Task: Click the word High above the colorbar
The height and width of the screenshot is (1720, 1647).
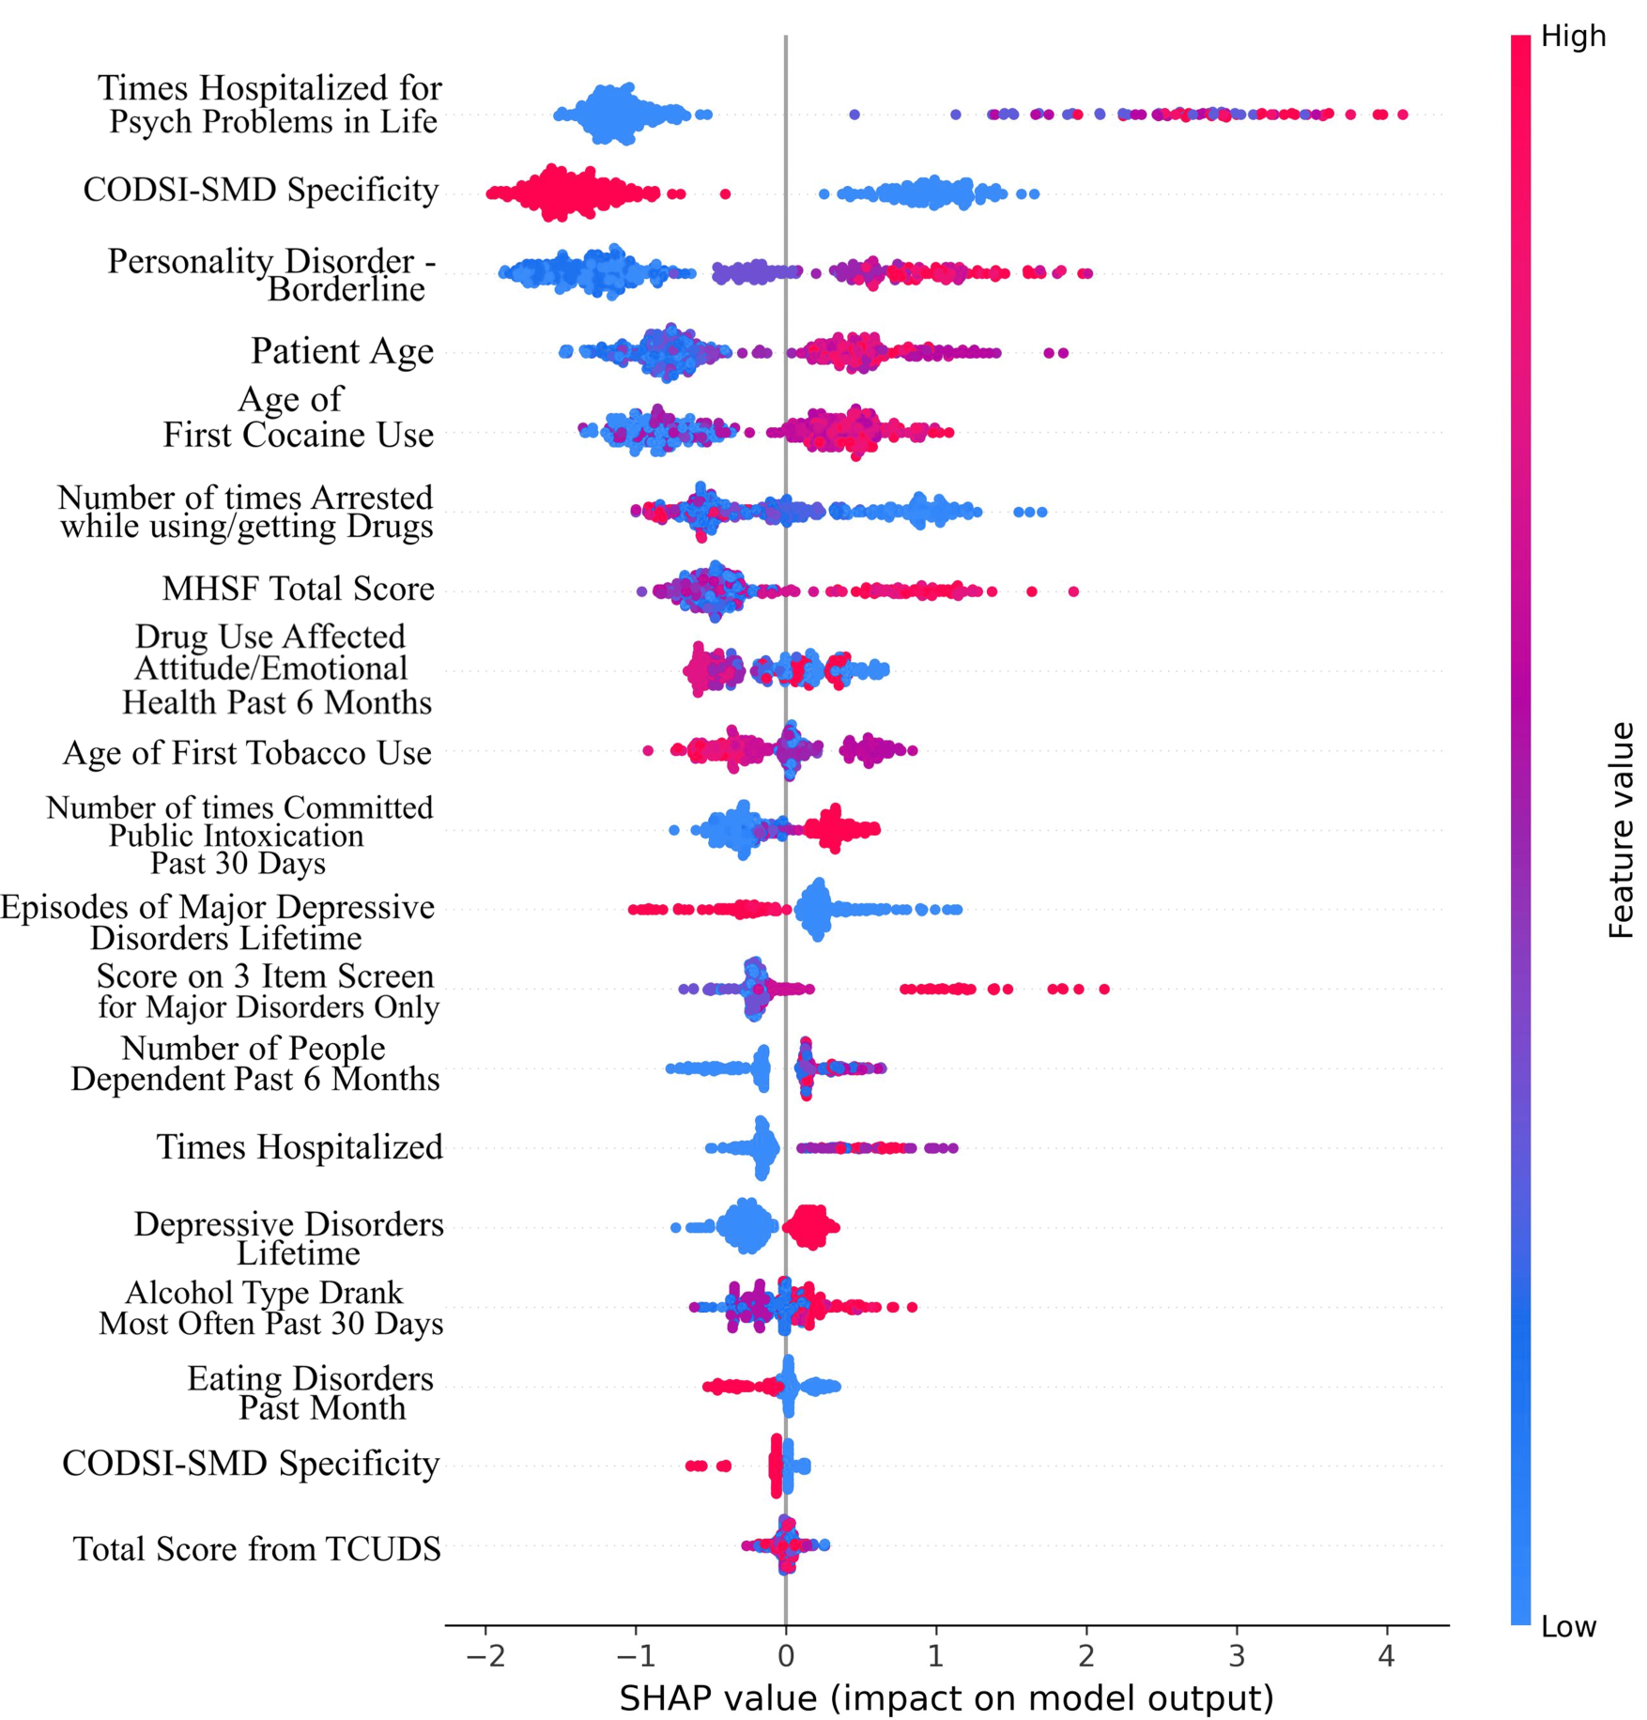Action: click(x=1573, y=37)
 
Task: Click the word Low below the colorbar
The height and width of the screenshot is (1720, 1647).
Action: click(x=1568, y=1626)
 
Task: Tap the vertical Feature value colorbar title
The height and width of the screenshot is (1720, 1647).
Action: click(x=1621, y=830)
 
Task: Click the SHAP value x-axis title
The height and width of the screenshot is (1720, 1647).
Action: click(x=946, y=1697)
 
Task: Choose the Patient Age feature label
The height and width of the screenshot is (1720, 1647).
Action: click(x=342, y=351)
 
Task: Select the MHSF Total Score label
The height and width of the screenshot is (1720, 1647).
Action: click(x=298, y=589)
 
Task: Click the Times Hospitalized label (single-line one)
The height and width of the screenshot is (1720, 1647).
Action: click(x=299, y=1146)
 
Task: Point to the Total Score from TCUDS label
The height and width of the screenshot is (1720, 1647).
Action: click(x=256, y=1548)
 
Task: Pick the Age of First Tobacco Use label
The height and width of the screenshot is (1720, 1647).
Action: click(x=247, y=753)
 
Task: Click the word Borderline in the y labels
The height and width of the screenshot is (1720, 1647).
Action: click(x=346, y=289)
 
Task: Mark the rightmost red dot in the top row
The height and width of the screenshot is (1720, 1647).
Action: click(x=1402, y=115)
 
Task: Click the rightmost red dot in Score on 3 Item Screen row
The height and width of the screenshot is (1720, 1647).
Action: click(x=1104, y=989)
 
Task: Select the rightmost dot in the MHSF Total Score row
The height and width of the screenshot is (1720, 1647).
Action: click(x=1073, y=591)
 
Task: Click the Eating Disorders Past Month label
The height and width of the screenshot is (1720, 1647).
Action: click(x=310, y=1392)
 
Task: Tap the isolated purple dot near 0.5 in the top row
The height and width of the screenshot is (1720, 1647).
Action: click(x=854, y=115)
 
